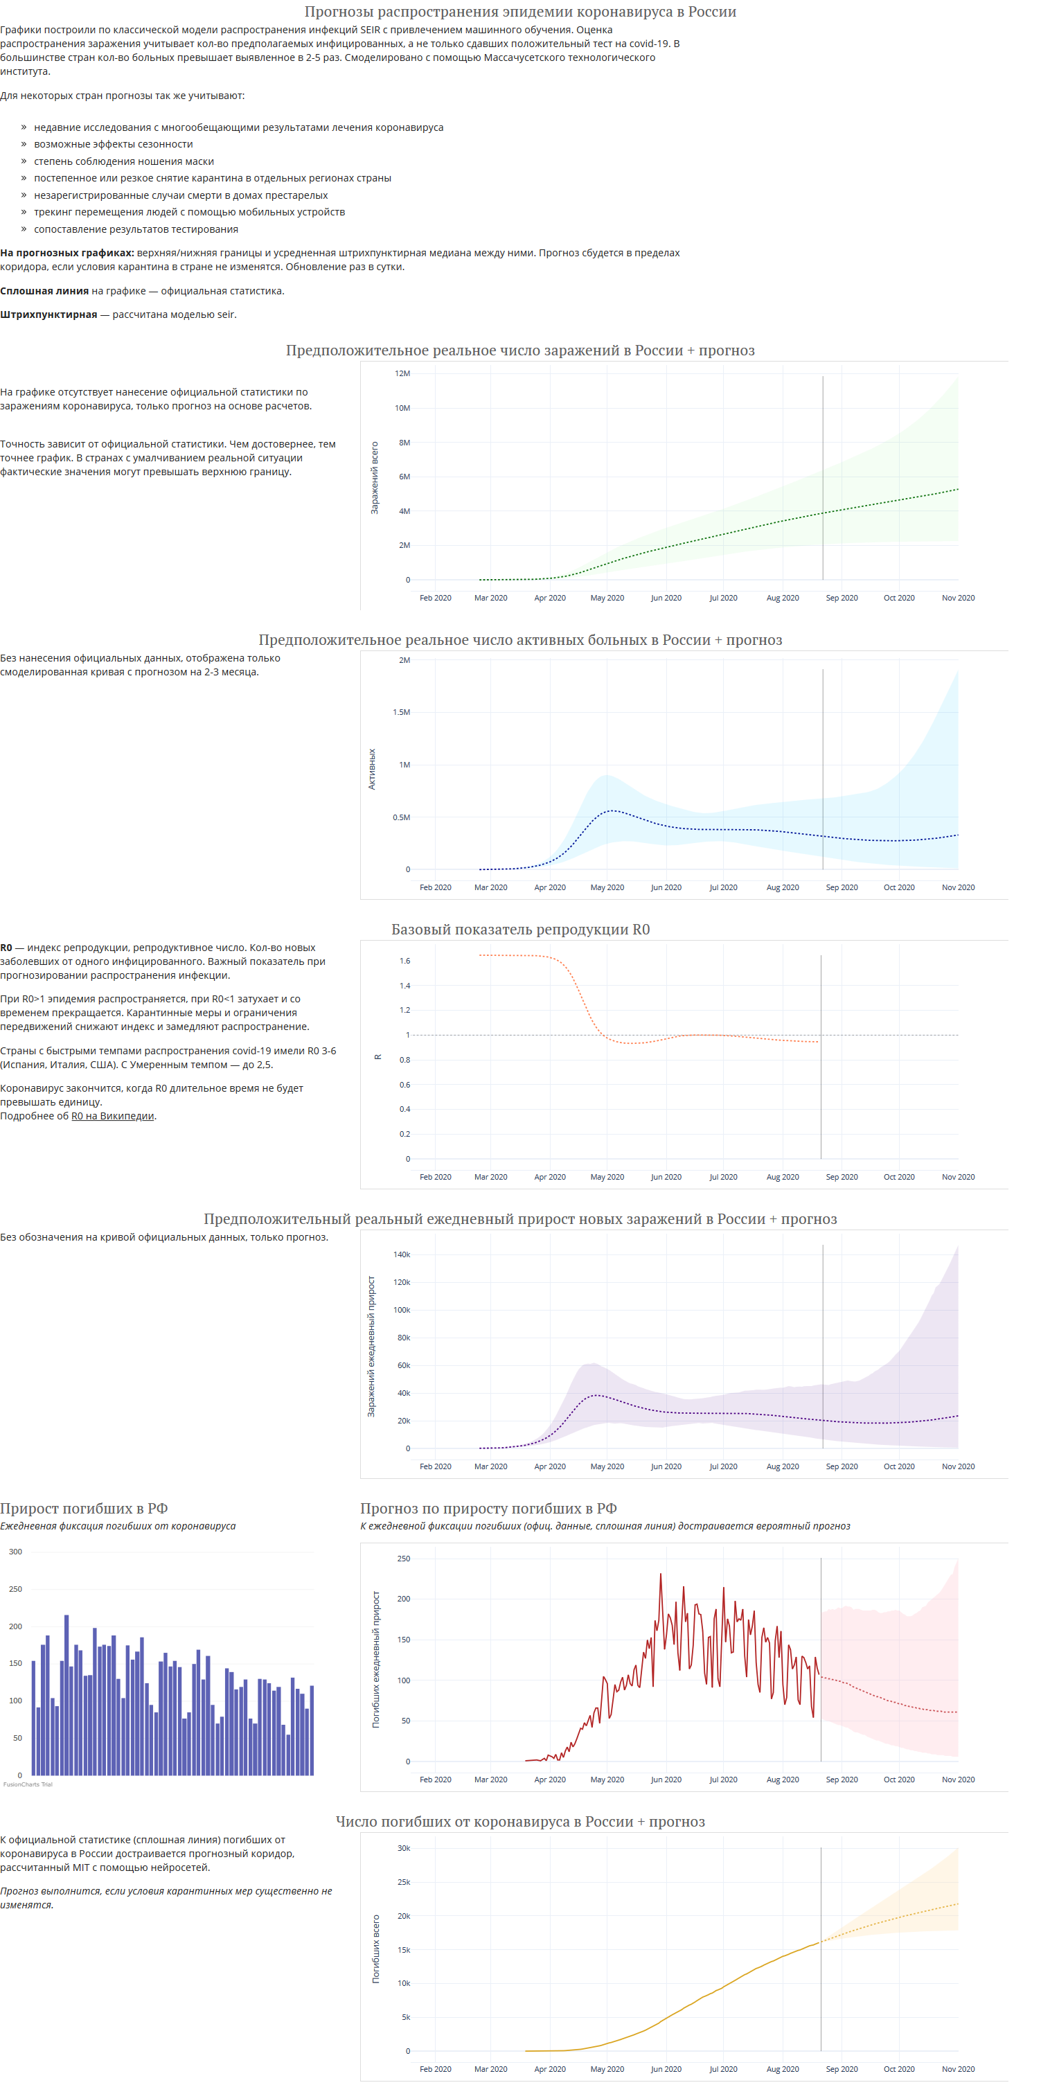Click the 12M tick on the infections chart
pyautogui.click(x=402, y=373)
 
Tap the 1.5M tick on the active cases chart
pyautogui.click(x=401, y=712)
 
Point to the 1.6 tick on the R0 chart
pyautogui.click(x=404, y=961)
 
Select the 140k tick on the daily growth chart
pyautogui.click(x=402, y=1254)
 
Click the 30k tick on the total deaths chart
pyautogui.click(x=403, y=1848)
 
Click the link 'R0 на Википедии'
pyautogui.click(x=112, y=1116)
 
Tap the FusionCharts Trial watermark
pyautogui.click(x=28, y=1784)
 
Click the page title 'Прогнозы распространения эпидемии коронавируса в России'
pyautogui.click(x=519, y=11)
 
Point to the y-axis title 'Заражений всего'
pyautogui.click(x=374, y=477)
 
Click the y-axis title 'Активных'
pyautogui.click(x=371, y=769)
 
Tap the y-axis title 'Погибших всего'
pyautogui.click(x=375, y=1949)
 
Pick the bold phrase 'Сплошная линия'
pyautogui.click(x=44, y=290)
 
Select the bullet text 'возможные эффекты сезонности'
pyautogui.click(x=114, y=144)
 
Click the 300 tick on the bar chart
pyautogui.click(x=15, y=1552)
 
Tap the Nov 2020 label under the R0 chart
pyautogui.click(x=958, y=1177)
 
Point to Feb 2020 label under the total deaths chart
pyautogui.click(x=436, y=2069)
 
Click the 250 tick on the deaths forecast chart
pyautogui.click(x=403, y=1558)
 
